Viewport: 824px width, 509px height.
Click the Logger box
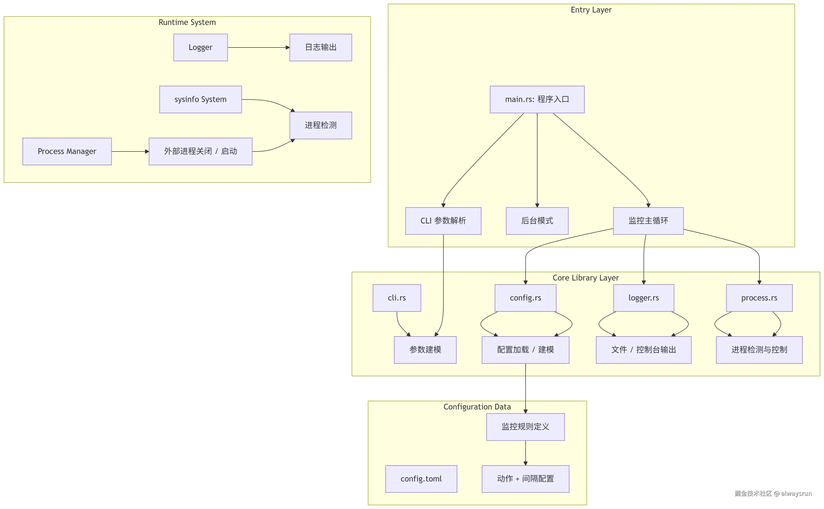point(200,47)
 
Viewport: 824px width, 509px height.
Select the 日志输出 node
point(320,47)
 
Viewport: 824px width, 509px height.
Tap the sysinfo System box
point(200,99)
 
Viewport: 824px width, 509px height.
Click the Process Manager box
point(67,151)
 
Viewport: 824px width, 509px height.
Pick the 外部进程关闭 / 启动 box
point(200,151)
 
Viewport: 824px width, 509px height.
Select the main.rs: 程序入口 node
point(537,99)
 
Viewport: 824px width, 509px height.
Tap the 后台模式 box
point(537,221)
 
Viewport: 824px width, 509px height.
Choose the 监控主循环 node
point(648,221)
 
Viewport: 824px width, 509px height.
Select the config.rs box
point(525,298)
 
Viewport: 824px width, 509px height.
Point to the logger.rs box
point(643,298)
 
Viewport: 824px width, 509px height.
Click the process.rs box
point(759,298)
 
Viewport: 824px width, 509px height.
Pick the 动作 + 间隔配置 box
point(525,479)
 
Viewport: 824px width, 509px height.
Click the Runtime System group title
point(187,22)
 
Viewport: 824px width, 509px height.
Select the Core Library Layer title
point(585,278)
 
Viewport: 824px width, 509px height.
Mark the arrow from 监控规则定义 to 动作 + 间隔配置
point(525,453)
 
